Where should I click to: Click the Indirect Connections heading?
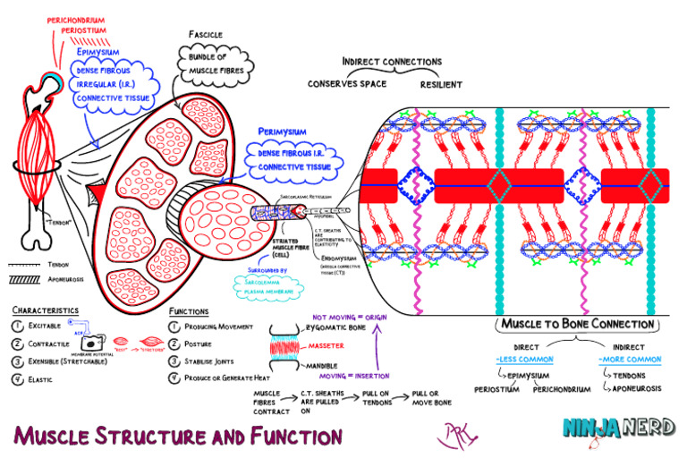(x=392, y=62)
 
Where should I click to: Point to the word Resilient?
(x=441, y=84)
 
